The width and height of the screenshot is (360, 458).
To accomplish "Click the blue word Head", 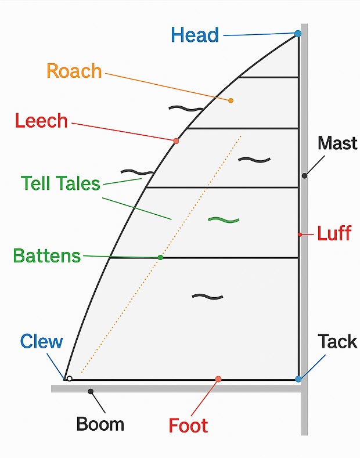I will pyautogui.click(x=195, y=35).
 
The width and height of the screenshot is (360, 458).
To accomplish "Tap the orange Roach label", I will pyautogui.click(x=74, y=71).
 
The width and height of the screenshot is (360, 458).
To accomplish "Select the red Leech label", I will pyautogui.click(x=41, y=121).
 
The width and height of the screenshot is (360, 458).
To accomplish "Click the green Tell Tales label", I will pyautogui.click(x=60, y=183).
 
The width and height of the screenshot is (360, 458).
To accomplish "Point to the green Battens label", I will pyautogui.click(x=46, y=255).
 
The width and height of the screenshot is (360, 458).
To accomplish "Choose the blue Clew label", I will pyautogui.click(x=41, y=341).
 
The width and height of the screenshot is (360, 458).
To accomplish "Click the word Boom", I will pyautogui.click(x=100, y=424).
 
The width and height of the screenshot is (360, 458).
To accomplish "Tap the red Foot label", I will pyautogui.click(x=188, y=425).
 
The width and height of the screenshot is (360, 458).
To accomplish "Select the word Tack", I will pyautogui.click(x=337, y=341).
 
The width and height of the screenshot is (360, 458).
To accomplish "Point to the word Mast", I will pyautogui.click(x=337, y=143).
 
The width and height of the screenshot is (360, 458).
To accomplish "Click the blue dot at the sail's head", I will pyautogui.click(x=298, y=34).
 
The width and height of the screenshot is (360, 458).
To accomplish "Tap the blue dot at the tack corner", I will pyautogui.click(x=298, y=379).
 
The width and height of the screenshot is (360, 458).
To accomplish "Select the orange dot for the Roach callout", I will pyautogui.click(x=231, y=100).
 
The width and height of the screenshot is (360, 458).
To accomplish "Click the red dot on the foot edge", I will pyautogui.click(x=218, y=379).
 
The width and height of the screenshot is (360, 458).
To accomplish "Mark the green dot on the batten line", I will pyautogui.click(x=161, y=257).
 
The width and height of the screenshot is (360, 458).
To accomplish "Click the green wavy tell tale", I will pyautogui.click(x=224, y=219).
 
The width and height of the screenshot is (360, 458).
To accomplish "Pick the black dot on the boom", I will pyautogui.click(x=91, y=391).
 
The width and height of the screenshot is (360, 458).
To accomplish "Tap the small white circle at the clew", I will pyautogui.click(x=70, y=378).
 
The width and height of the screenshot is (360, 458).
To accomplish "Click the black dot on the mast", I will pyautogui.click(x=304, y=175).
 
